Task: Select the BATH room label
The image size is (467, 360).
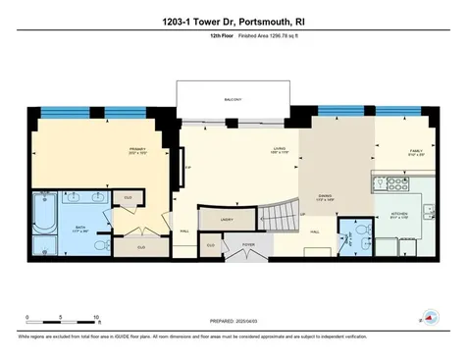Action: point(82,228)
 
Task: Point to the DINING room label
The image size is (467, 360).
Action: point(324,196)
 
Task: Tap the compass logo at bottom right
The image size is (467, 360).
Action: point(429,317)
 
